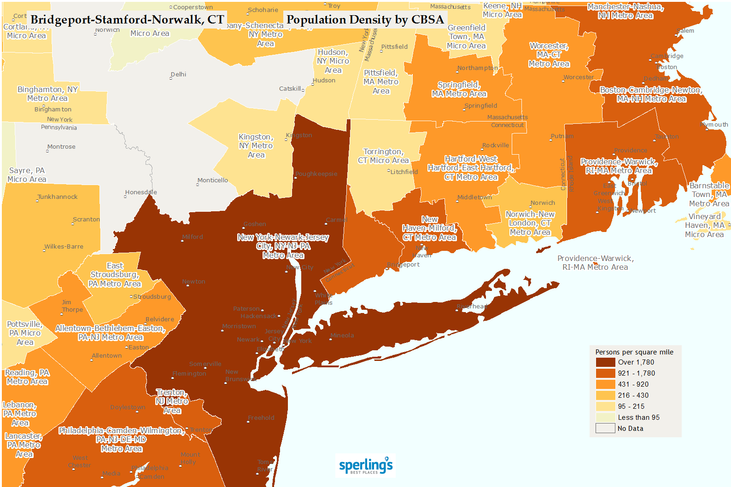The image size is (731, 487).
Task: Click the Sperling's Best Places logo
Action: click(x=366, y=466)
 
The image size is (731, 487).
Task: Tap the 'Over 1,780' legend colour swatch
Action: click(x=605, y=362)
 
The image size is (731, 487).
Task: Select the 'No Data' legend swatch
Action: click(x=605, y=429)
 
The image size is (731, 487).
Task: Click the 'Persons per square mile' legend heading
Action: click(x=634, y=352)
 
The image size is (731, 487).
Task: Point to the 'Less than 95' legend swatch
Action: click(x=605, y=417)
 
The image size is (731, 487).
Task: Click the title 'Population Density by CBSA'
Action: click(x=365, y=20)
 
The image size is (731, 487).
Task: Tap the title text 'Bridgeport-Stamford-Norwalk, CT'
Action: click(x=127, y=20)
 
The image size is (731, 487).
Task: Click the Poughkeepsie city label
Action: click(x=316, y=174)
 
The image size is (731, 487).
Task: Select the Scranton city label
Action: click(x=86, y=220)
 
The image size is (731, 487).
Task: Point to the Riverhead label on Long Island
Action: click(x=472, y=307)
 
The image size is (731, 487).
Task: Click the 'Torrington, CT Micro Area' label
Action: click(x=383, y=156)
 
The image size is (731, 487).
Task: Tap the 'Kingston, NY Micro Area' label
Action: click(x=256, y=146)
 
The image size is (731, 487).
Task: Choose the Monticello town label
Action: click(x=212, y=180)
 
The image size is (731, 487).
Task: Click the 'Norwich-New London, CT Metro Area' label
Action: click(x=530, y=223)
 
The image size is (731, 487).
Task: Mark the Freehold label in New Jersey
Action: click(x=261, y=418)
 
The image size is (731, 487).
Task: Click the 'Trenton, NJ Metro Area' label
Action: click(x=172, y=401)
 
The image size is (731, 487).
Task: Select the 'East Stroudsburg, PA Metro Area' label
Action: click(x=115, y=275)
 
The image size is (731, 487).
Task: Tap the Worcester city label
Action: click(x=579, y=77)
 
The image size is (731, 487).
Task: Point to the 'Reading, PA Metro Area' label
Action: click(x=27, y=377)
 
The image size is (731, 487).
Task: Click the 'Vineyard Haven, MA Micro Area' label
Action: click(x=704, y=226)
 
